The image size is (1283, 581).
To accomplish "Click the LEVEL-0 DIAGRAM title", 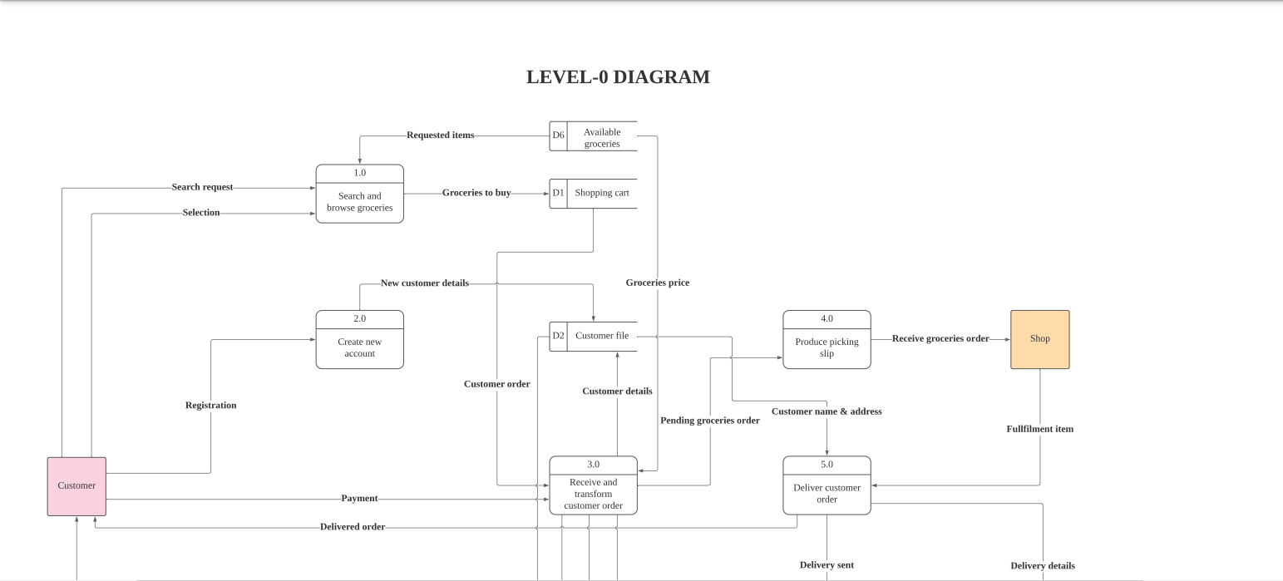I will click(618, 77).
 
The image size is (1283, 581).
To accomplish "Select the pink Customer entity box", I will click(76, 486).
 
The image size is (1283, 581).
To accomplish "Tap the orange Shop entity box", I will click(1039, 339).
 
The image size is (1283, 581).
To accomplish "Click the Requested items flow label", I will click(440, 135).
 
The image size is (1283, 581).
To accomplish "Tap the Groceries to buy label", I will click(476, 193).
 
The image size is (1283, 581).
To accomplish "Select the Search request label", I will click(202, 188).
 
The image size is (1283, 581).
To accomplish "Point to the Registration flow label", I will click(210, 406).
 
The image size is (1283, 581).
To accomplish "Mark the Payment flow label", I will click(359, 499).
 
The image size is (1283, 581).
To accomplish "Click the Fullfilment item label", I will click(1039, 430).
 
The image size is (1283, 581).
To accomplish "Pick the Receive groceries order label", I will click(940, 339).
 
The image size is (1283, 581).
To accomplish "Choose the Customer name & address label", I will click(827, 411).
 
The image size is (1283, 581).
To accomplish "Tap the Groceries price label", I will click(657, 283).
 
